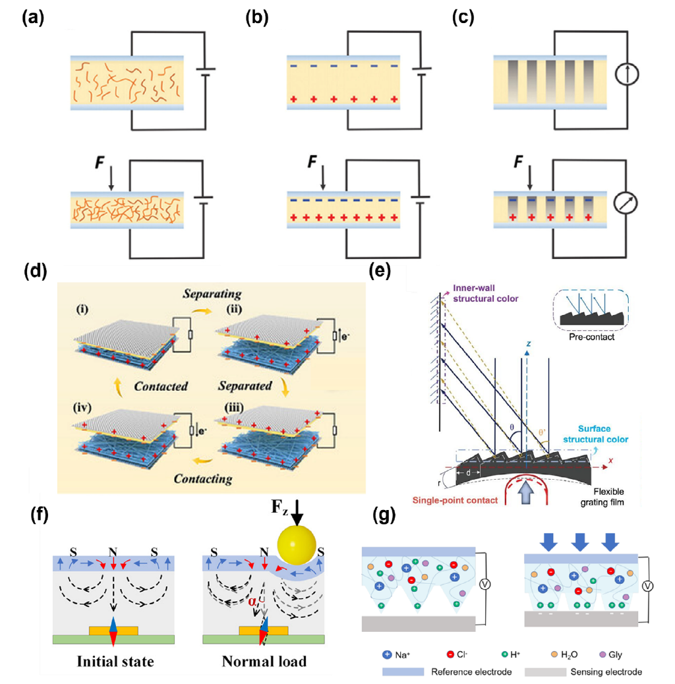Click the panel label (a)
(x=32, y=18)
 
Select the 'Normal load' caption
(x=263, y=661)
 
